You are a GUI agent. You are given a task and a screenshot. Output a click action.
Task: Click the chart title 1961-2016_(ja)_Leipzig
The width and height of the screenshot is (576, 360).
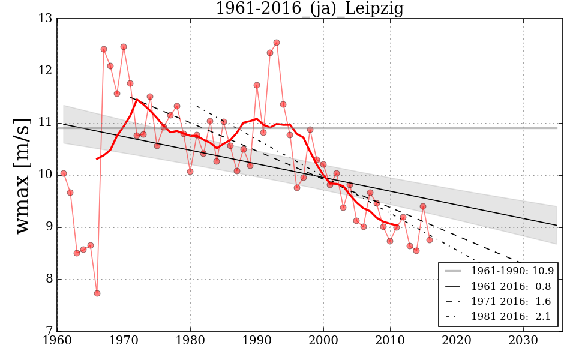click(x=309, y=8)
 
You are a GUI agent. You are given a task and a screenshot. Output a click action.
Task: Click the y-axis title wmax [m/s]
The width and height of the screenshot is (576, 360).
click(x=22, y=175)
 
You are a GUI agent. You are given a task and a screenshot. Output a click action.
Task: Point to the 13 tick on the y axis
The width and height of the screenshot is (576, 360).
click(x=45, y=19)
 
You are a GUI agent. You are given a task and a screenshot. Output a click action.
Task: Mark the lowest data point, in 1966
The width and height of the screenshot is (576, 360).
click(x=97, y=293)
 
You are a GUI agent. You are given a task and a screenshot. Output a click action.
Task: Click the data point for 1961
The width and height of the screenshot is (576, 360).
click(x=64, y=173)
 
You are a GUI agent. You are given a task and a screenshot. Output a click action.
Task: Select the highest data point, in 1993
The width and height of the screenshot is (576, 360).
click(x=277, y=43)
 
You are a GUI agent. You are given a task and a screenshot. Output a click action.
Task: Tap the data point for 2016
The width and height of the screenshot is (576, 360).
click(x=430, y=240)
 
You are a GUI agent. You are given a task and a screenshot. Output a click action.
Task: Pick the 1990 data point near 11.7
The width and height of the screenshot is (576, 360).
click(x=257, y=85)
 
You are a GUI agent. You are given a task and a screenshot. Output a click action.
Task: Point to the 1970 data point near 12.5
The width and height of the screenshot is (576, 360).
click(x=124, y=47)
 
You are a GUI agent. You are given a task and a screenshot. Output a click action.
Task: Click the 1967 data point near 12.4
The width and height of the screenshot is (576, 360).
click(x=104, y=49)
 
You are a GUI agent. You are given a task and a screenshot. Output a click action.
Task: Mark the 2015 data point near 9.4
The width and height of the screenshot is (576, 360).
click(x=423, y=206)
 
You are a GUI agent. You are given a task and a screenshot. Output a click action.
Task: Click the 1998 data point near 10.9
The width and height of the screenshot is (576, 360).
click(x=310, y=130)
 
